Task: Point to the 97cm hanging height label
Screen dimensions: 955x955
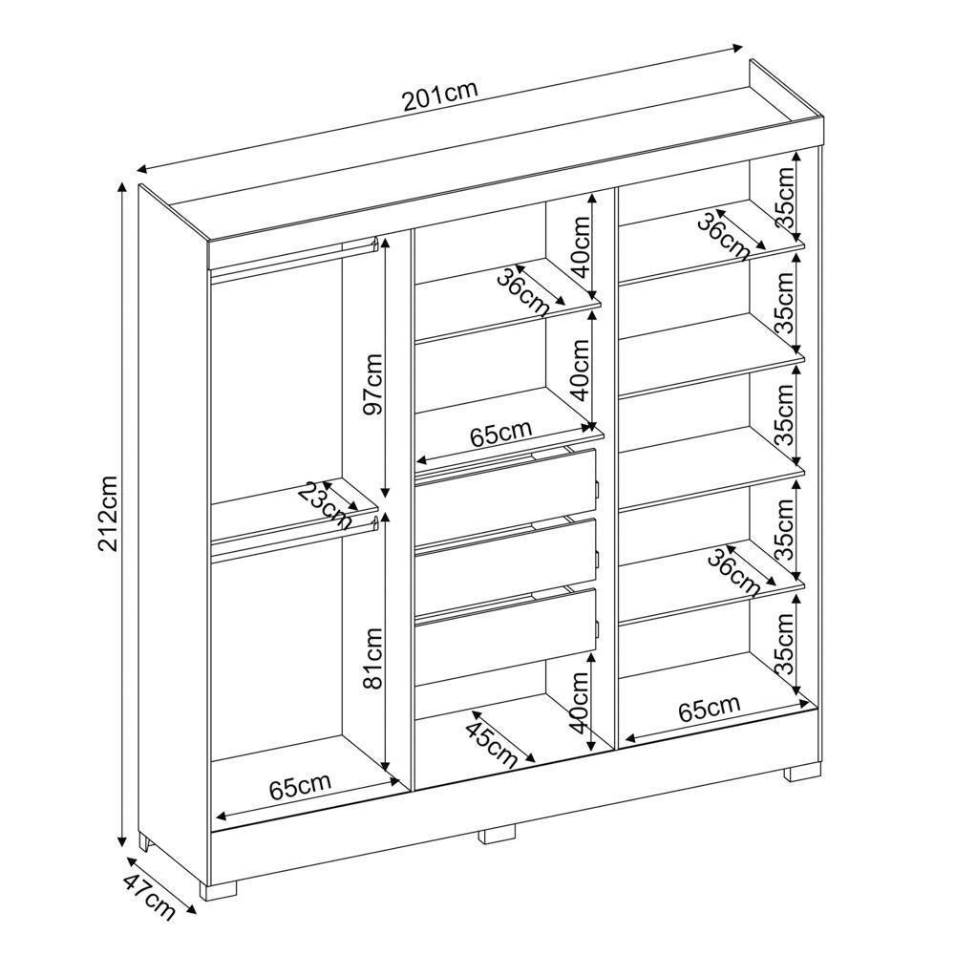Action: [x=371, y=384]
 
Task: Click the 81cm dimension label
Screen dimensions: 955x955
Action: [x=371, y=658]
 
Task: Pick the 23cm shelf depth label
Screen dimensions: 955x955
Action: [x=324, y=504]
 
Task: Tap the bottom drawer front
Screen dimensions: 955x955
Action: [x=504, y=630]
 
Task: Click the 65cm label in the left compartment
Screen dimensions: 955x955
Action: [x=299, y=788]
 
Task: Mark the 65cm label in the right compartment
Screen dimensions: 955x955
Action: [x=709, y=710]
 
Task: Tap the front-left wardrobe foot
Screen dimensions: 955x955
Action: [x=220, y=888]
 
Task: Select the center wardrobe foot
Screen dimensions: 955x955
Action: [x=497, y=834]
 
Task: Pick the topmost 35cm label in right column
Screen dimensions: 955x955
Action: [x=785, y=197]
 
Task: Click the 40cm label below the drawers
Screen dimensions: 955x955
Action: [x=578, y=702]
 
